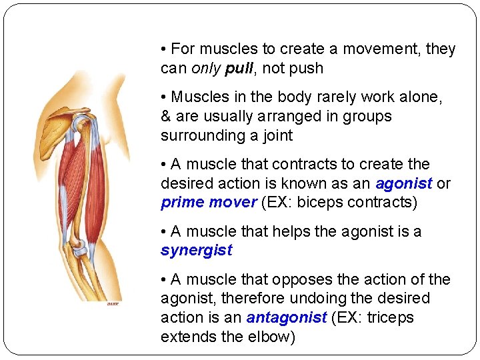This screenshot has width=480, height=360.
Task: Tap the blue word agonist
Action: pos(404,183)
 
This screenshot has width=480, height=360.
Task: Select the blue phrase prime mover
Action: pos(209,203)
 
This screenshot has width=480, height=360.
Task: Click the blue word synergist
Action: pos(197,251)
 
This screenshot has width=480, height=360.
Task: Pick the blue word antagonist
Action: pos(287,318)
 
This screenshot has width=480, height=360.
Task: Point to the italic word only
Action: pos(207,68)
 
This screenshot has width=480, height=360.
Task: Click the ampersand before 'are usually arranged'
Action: pos(166,116)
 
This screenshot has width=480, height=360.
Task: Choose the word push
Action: pos(307,68)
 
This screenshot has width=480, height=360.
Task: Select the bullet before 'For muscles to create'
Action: pos(164,49)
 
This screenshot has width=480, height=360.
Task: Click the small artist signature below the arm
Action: pos(113,304)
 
